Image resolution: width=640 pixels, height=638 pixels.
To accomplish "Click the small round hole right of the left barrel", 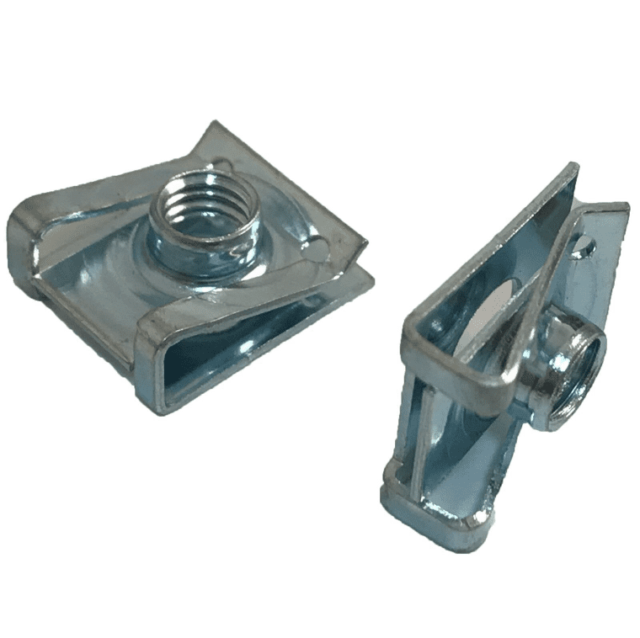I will [x=314, y=249].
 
